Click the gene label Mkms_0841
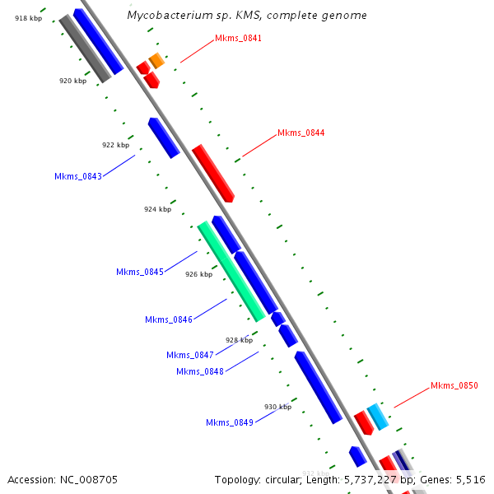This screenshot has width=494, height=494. tap(238, 38)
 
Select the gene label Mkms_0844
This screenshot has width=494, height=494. tap(301, 133)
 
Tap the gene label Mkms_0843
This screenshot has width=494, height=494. tap(78, 176)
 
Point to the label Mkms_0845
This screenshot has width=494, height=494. tap(140, 272)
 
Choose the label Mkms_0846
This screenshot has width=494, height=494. tap(169, 319)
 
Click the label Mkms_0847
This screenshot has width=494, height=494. tap(190, 355)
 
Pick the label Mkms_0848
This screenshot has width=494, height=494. tap(200, 371)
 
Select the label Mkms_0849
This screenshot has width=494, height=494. tap(230, 422)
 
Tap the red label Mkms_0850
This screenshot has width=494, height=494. tap(454, 385)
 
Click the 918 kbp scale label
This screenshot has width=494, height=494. tap(28, 17)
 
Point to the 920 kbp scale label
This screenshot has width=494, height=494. tap(72, 81)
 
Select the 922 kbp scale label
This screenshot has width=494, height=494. tap(115, 145)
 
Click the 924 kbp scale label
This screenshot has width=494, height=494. tap(157, 209)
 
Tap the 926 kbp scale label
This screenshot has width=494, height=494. tap(198, 274)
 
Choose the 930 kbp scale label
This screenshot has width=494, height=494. tap(277, 407)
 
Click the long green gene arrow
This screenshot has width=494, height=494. tap(231, 271)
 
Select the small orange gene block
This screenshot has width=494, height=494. tap(156, 60)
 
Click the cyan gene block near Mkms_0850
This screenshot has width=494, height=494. tap(377, 417)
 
